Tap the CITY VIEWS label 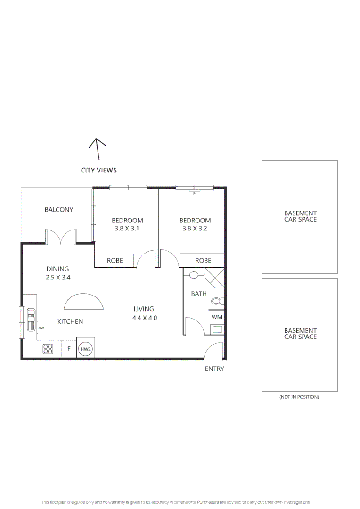pos(98,170)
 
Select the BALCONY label pos(59,210)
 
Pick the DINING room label pos(57,269)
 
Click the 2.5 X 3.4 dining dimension pos(58,278)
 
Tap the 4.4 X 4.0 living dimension pos(144,318)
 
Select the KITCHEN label pos(70,321)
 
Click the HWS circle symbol pos(85,349)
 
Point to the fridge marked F pos(69,349)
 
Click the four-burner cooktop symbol pos(48,349)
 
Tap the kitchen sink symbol pos(31,320)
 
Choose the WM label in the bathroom pos(217,317)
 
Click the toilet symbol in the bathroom pos(216,301)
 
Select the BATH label pos(199,294)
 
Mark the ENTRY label pos(214,369)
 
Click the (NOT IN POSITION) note pos(299,397)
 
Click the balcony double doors pos(61,237)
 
